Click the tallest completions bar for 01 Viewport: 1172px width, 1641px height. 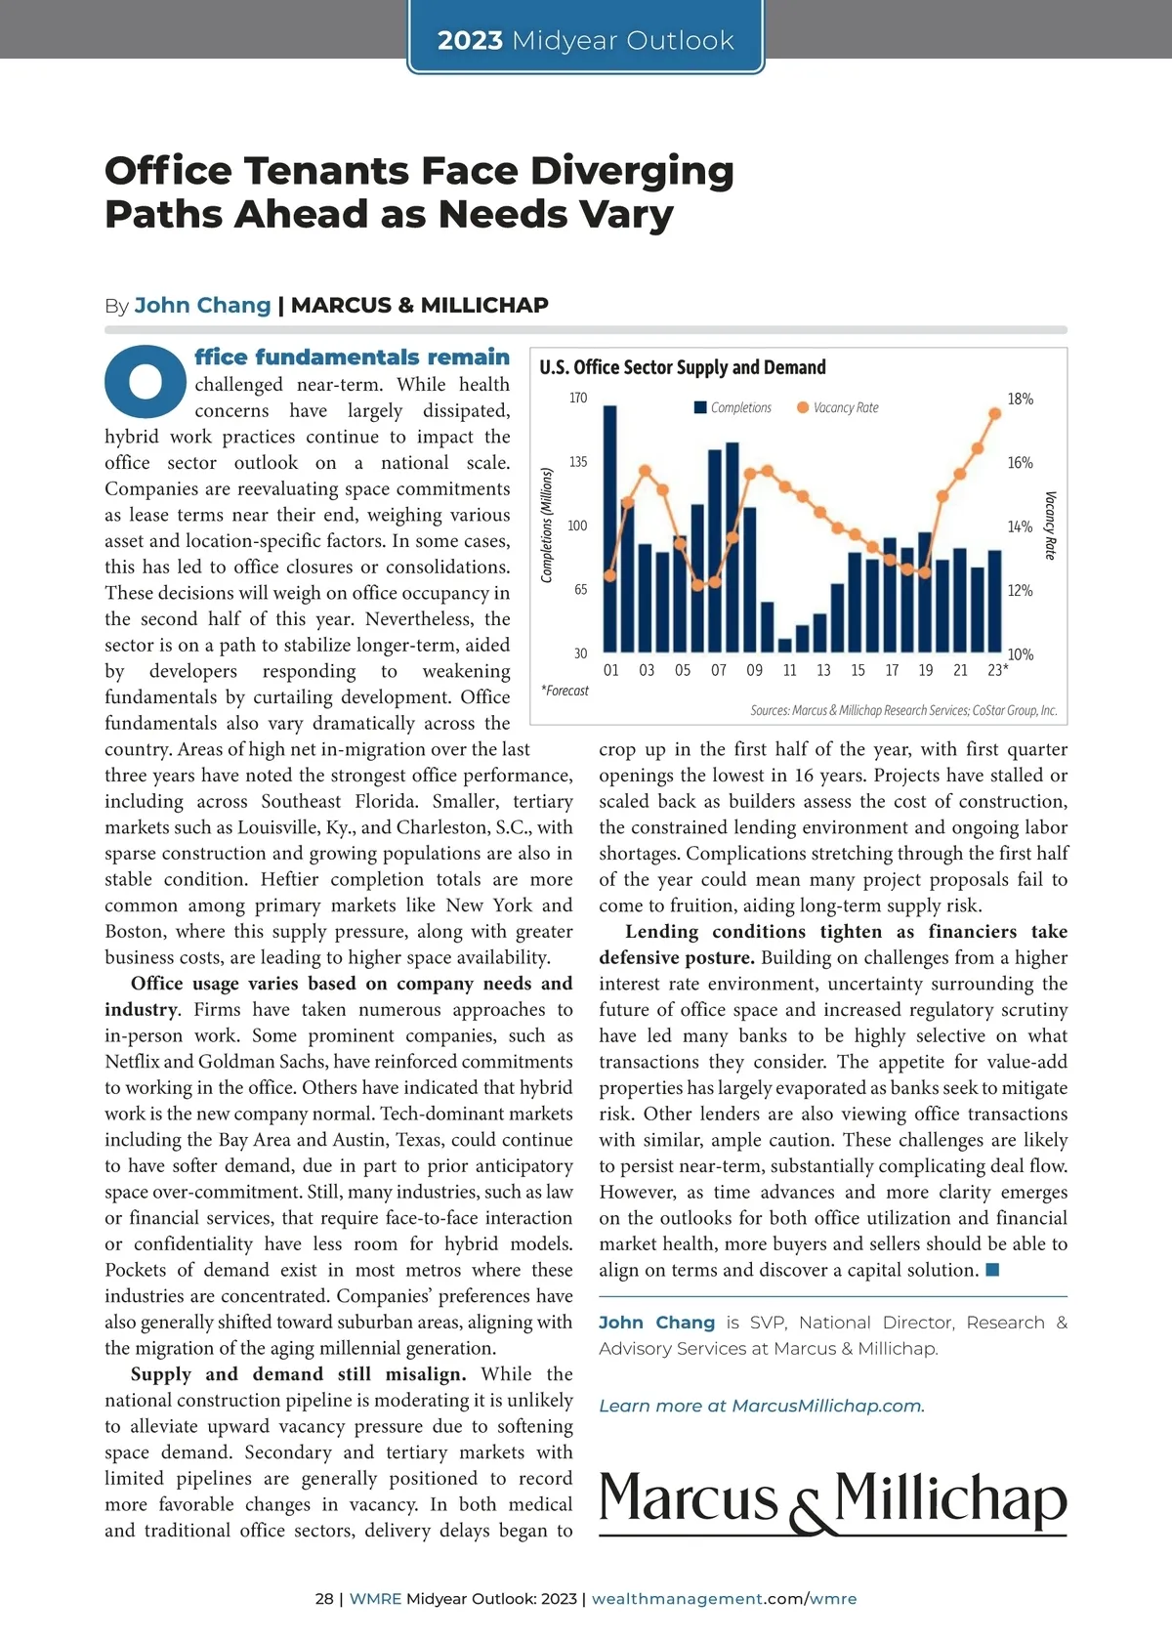[x=610, y=528]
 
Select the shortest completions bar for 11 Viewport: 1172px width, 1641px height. [x=784, y=645]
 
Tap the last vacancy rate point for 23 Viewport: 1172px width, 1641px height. [x=995, y=413]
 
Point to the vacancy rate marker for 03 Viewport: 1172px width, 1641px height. [x=645, y=471]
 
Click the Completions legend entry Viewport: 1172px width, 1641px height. [x=732, y=407]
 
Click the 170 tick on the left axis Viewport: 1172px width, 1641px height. [x=578, y=398]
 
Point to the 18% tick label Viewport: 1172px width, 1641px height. [x=1020, y=399]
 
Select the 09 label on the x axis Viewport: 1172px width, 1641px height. [x=754, y=670]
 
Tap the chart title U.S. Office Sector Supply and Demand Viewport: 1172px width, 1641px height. [x=682, y=367]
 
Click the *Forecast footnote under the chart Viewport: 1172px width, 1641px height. [x=565, y=691]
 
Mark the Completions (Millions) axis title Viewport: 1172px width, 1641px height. [x=547, y=525]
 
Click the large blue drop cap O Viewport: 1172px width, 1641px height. [x=146, y=381]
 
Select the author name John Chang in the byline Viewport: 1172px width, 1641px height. [x=202, y=305]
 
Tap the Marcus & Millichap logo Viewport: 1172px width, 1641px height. [x=832, y=1501]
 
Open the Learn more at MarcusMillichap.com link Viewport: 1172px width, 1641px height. [x=761, y=1406]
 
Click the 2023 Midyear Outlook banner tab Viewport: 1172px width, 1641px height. [x=585, y=40]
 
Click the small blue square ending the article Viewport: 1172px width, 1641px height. [x=992, y=1270]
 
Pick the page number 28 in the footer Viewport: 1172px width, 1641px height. [x=324, y=1599]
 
